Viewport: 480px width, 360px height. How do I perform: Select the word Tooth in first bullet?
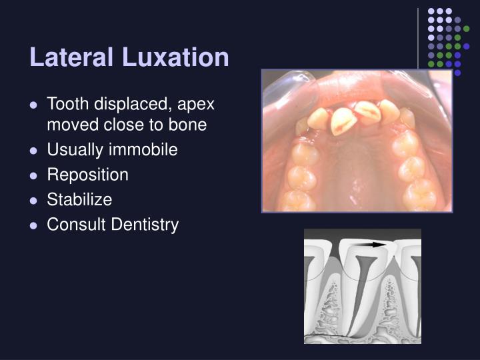(65, 105)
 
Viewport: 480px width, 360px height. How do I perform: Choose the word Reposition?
(87, 175)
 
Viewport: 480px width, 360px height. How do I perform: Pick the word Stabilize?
(79, 200)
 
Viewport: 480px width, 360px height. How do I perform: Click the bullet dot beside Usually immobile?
(34, 151)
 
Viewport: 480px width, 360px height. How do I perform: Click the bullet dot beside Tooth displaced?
(34, 105)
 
